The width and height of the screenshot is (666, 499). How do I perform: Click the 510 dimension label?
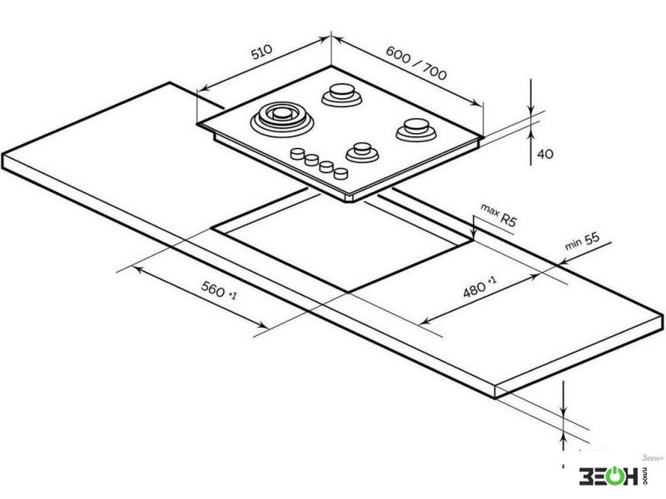(x=261, y=52)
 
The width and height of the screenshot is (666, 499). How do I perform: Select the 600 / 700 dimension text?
(x=416, y=63)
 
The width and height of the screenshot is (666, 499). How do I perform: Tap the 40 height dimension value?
(x=545, y=154)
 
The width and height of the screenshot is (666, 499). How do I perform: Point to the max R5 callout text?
(x=499, y=215)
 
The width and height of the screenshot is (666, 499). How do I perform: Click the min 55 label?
(x=582, y=240)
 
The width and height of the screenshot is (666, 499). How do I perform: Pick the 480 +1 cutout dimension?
(x=479, y=287)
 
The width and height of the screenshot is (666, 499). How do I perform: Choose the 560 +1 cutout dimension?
(x=219, y=289)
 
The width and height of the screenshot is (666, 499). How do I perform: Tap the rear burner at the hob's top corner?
(x=342, y=95)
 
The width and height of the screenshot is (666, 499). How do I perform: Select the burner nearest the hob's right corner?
(x=416, y=130)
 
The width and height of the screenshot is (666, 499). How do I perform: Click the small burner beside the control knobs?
(x=362, y=152)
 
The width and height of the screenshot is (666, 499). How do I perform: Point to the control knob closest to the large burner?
(x=298, y=153)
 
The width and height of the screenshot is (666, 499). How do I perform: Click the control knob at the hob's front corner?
(x=340, y=173)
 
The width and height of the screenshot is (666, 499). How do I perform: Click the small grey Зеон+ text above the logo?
(x=653, y=458)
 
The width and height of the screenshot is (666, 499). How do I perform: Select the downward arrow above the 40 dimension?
(x=531, y=108)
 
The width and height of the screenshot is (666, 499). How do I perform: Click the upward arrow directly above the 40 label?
(x=531, y=135)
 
